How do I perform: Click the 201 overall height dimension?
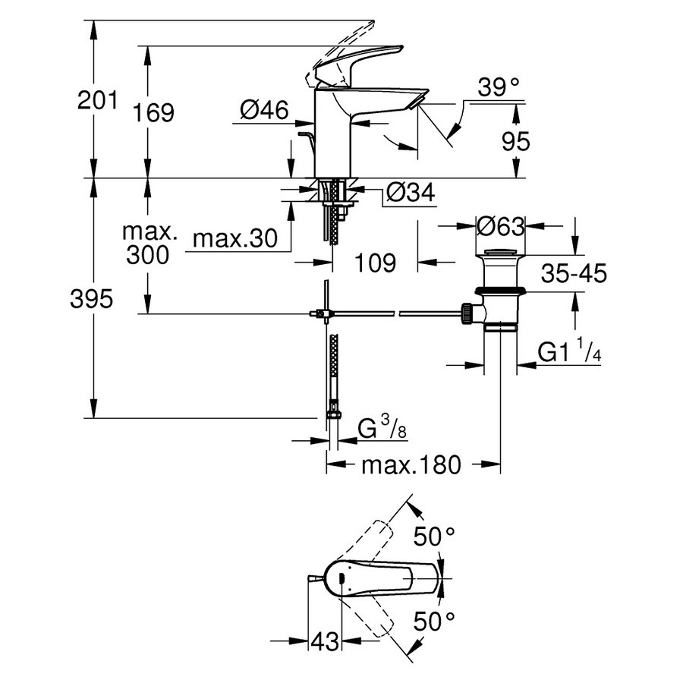(x=98, y=99)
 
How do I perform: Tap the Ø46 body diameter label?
(x=263, y=112)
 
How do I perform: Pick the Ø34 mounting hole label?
(x=410, y=194)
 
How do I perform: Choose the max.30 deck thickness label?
(x=230, y=240)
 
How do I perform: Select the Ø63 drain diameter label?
(x=501, y=225)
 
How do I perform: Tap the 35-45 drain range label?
(x=574, y=274)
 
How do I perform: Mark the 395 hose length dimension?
(x=92, y=299)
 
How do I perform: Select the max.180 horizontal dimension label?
(x=411, y=464)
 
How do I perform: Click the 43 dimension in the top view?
(x=325, y=642)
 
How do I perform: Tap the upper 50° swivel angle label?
(x=433, y=537)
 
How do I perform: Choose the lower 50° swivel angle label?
(x=433, y=622)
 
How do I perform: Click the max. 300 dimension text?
(x=148, y=243)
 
